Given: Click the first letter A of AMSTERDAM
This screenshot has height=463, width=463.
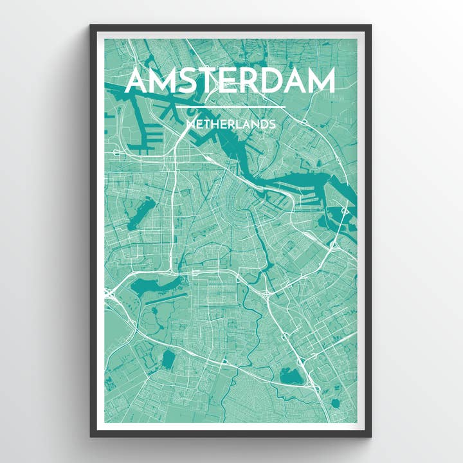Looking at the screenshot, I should tap(140, 82).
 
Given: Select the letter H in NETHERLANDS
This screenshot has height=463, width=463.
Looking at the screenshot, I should tap(213, 123).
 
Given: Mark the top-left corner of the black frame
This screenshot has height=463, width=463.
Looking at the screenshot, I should tap(91, 26).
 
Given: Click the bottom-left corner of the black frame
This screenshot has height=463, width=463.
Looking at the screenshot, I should tap(91, 436).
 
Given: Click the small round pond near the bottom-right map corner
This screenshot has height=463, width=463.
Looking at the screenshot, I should tap(334, 404).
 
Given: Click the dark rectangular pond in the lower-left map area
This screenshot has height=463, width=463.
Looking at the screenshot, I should tap(168, 360).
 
